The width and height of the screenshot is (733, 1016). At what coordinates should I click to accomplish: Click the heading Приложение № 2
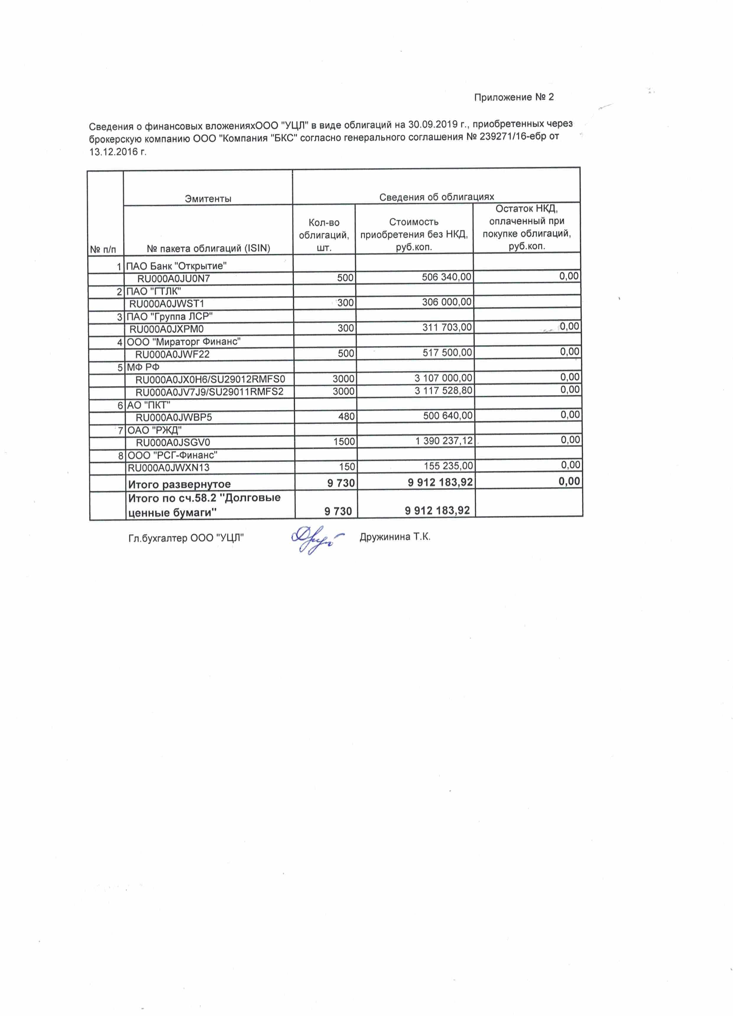pyautogui.click(x=514, y=97)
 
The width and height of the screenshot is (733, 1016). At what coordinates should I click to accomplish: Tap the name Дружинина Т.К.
pyautogui.click(x=395, y=537)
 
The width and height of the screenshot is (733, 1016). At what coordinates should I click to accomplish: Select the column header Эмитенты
pyautogui.click(x=208, y=198)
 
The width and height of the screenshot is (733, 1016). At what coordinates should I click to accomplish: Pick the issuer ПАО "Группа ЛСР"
pyautogui.click(x=169, y=316)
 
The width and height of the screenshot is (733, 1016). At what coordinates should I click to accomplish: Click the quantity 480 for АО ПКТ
pyautogui.click(x=346, y=416)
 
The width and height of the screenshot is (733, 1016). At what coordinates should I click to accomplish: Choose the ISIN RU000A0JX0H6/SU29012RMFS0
pyautogui.click(x=210, y=379)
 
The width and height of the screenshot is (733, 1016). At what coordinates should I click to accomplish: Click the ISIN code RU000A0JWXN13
pyautogui.click(x=168, y=468)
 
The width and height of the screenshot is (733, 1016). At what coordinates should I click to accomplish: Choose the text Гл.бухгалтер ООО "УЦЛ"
pyautogui.click(x=186, y=538)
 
